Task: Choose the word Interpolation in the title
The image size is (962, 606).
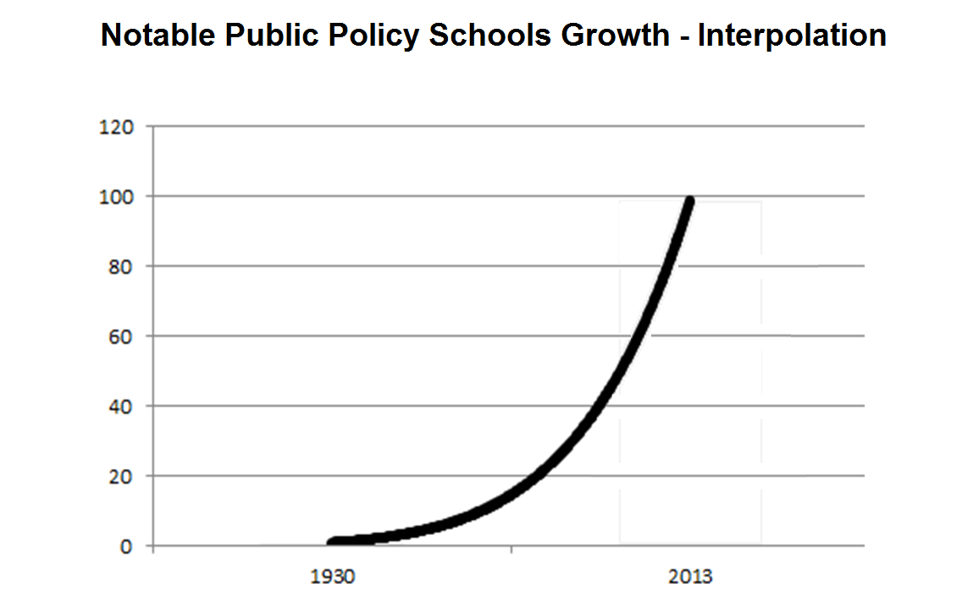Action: point(792,36)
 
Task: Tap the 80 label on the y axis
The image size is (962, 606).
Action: point(124,267)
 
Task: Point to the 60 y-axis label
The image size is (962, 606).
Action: point(124,336)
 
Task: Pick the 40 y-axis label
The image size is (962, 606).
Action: point(124,406)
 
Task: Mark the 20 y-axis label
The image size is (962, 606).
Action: point(124,476)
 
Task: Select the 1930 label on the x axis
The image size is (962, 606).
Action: point(332,578)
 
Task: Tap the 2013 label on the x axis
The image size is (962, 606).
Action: point(689,578)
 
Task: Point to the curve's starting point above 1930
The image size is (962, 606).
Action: point(334,542)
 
